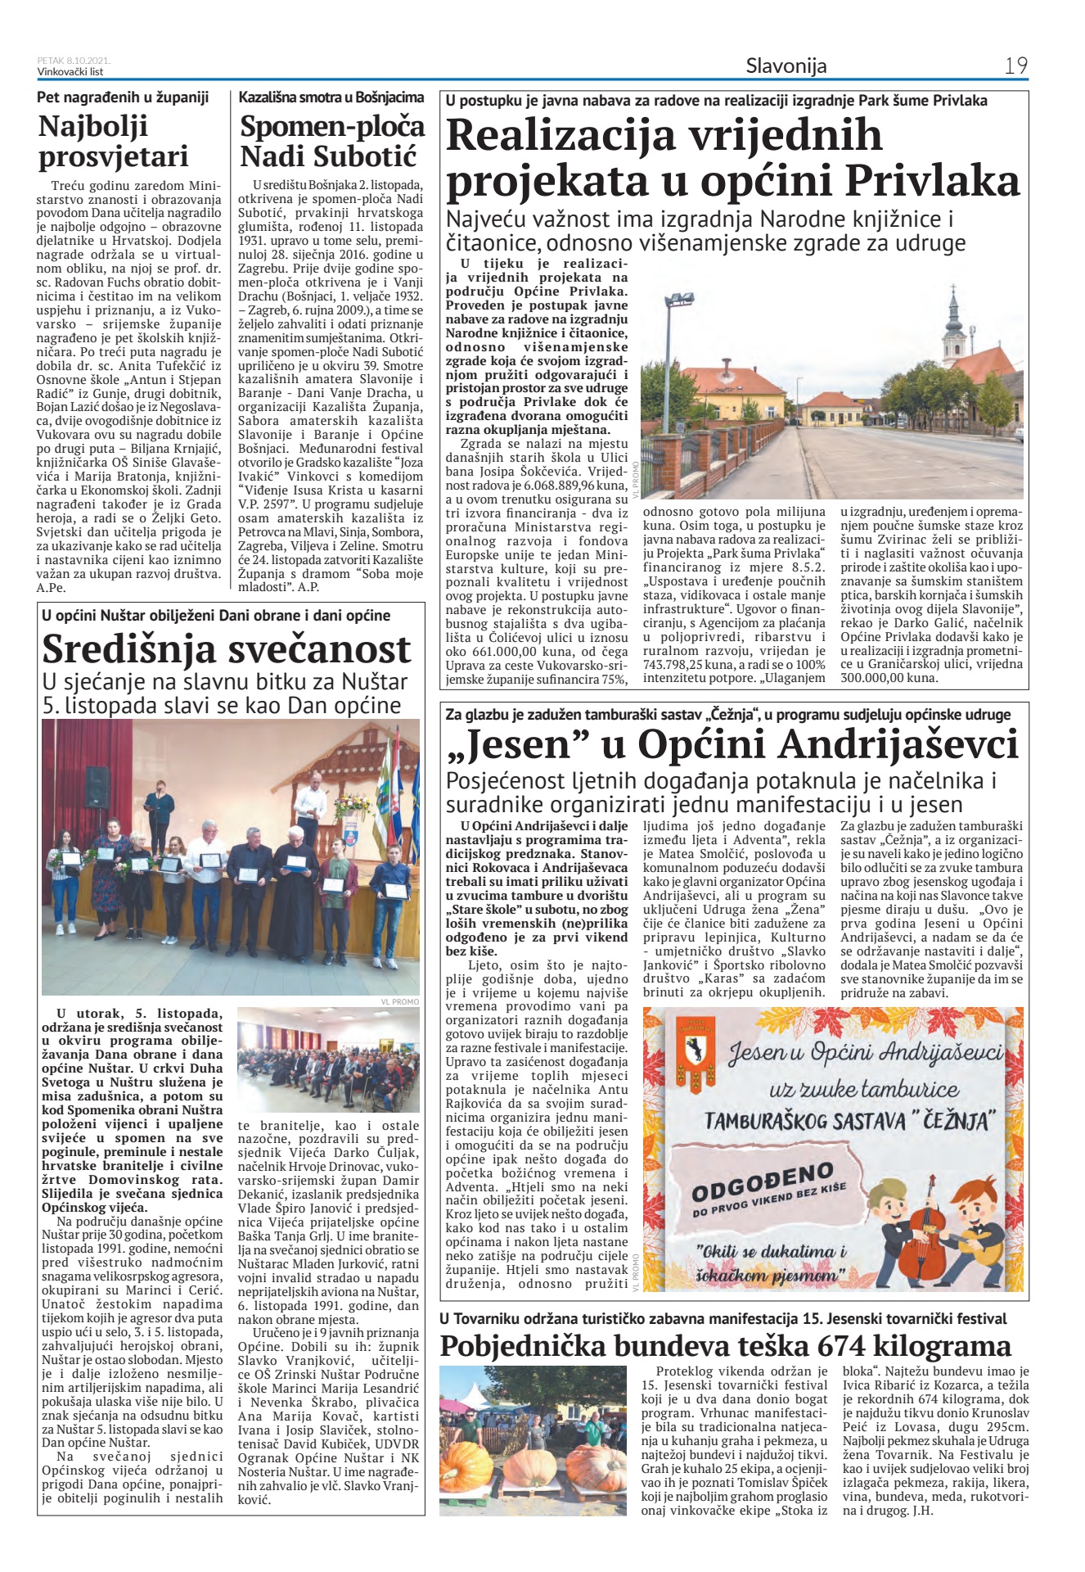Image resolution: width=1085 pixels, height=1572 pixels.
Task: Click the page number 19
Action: [x=1015, y=65]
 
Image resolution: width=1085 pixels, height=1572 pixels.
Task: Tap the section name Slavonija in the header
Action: [x=786, y=65]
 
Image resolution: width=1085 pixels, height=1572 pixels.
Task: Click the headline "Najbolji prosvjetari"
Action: [x=114, y=141]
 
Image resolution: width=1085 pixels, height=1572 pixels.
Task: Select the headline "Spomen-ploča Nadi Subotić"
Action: [x=331, y=141]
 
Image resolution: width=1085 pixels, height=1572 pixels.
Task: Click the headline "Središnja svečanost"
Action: [x=227, y=649]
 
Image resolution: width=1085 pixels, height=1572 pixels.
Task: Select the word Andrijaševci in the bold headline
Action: [x=898, y=745]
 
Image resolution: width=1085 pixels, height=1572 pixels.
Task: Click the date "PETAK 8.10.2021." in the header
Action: [x=74, y=61]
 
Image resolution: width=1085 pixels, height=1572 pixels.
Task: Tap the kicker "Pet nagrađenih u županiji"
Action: [x=123, y=97]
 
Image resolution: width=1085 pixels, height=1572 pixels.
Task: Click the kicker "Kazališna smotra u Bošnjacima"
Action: [x=331, y=97]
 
